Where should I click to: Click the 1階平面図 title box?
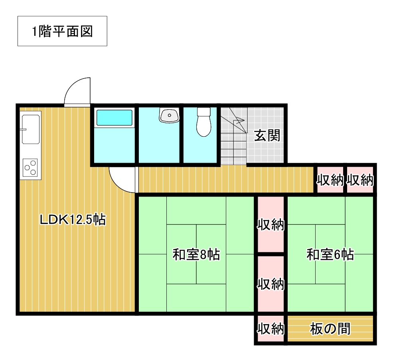point(62,31)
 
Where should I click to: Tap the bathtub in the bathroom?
point(114,118)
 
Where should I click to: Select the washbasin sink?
point(169,115)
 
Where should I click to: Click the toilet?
point(204,122)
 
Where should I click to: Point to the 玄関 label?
point(267,136)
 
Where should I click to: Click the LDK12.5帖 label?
point(73,219)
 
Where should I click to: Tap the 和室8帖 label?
point(196,254)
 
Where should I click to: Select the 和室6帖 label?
point(330,254)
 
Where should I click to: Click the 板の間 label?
point(330,329)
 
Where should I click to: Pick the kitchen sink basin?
point(31,129)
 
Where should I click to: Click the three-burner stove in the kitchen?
point(30,167)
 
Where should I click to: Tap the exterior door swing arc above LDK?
point(73,87)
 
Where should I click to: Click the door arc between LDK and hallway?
point(118,184)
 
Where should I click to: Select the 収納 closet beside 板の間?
point(271,329)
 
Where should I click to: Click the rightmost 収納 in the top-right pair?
point(360,180)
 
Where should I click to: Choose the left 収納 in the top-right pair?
point(330,180)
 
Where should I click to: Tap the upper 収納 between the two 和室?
point(271,224)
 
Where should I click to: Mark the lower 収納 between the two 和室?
point(271,284)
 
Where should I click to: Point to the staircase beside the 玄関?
point(234,136)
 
